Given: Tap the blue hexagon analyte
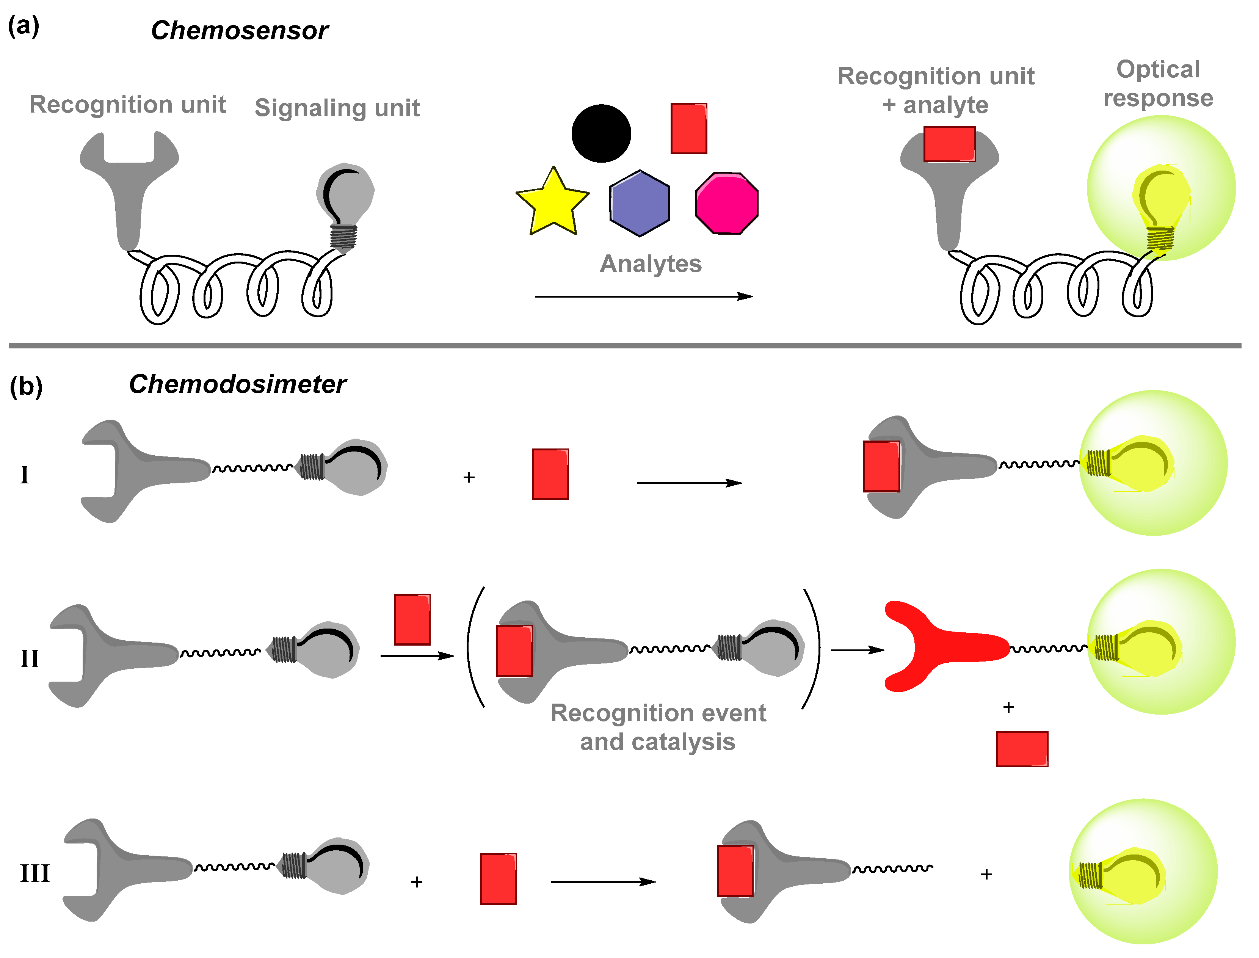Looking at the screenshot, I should coord(639,203).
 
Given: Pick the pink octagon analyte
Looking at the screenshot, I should coord(727,203).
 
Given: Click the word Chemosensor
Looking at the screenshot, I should coord(240,30).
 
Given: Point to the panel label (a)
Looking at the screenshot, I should coord(24,26).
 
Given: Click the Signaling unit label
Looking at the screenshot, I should coord(337,108).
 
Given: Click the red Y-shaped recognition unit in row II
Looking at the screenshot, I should coord(935,647).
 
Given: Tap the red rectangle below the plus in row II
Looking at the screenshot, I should coord(1022,749).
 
